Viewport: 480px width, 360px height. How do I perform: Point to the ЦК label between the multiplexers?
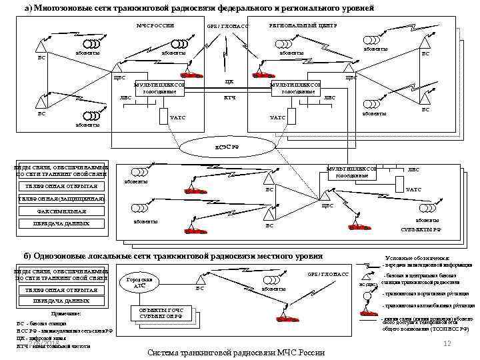[x=229, y=82]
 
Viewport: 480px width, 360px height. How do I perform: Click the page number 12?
[x=448, y=342]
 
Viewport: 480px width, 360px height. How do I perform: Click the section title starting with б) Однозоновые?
[x=173, y=256]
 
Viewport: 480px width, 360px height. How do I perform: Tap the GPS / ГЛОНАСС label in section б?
[x=328, y=274]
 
